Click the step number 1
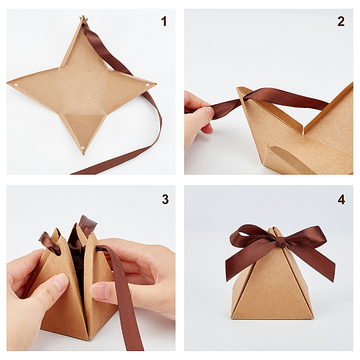pos(164,22)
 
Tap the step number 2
pos(341,22)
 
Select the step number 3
pos(166,199)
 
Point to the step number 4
pos(341,199)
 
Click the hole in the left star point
pos(16,85)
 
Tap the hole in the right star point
pos(148,85)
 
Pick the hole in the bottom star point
pos(83,148)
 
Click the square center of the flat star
pos(83,91)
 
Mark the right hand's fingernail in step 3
pos(100,292)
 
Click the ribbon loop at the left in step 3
pos(49,244)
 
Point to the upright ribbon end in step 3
pos(87,225)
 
